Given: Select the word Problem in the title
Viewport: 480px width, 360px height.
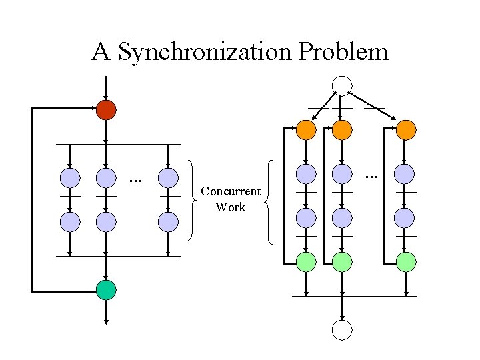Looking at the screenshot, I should pos(343,51).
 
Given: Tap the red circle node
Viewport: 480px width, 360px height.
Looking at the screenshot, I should pos(106,109).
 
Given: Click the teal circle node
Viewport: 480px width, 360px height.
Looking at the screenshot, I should pos(106,290).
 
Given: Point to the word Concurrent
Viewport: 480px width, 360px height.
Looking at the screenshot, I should pos(231,192).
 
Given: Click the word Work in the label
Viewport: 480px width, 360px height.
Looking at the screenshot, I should pos(231,207).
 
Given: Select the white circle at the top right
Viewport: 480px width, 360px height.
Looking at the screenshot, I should pos(342,85).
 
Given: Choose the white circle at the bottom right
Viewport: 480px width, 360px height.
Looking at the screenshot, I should pos(342,329).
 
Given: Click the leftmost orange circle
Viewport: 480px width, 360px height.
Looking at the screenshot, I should pos(306,129).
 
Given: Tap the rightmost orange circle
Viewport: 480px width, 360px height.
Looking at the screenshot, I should pos(405,129).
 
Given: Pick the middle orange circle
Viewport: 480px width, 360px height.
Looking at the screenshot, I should pos(342,129).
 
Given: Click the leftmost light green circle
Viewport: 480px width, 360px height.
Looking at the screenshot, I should pos(306,262).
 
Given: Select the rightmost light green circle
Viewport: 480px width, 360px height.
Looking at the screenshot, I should pos(405,262).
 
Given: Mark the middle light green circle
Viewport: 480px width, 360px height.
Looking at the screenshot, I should pos(342,262).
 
